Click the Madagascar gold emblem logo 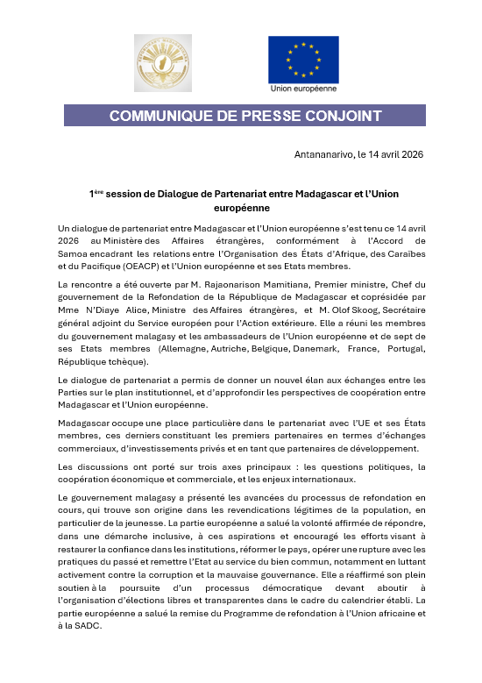click(162, 63)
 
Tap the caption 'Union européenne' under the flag click(303, 89)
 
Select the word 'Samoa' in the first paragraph click(73, 254)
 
